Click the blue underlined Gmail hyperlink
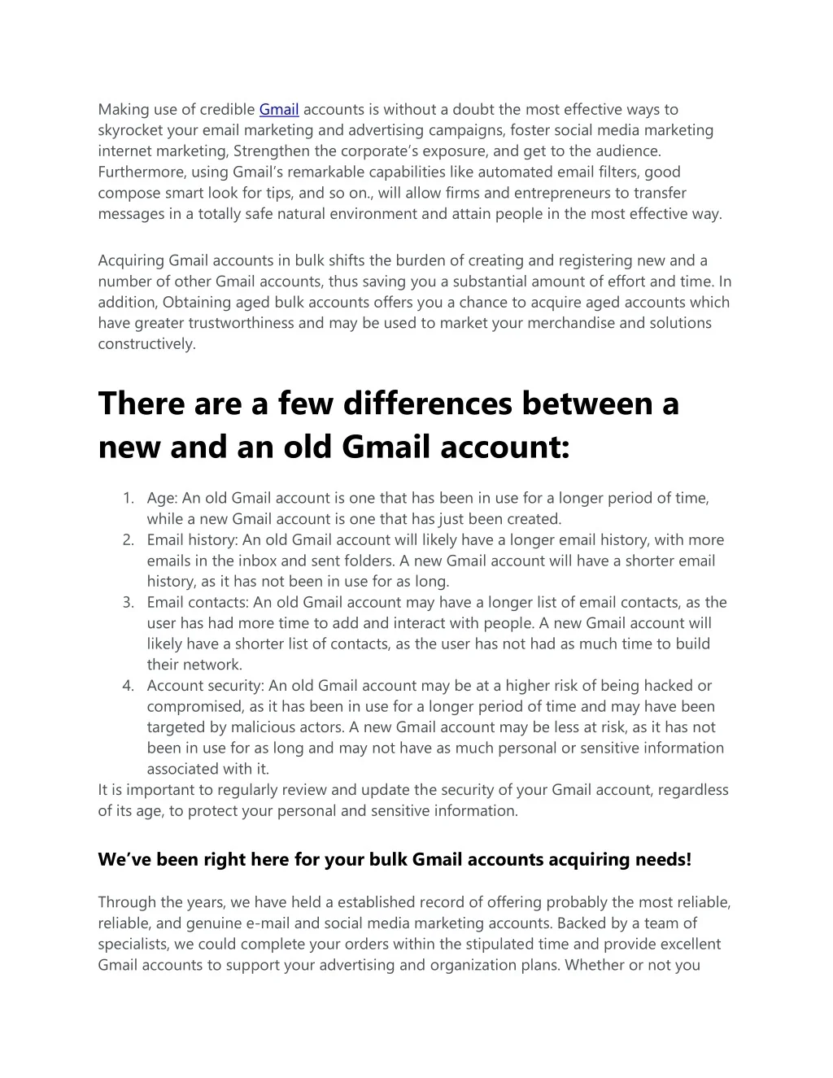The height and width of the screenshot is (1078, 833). coord(279,109)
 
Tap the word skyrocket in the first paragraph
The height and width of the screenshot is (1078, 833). coord(129,130)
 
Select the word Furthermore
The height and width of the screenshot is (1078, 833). coord(135,172)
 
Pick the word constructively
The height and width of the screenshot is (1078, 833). coord(146,343)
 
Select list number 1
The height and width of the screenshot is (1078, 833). coord(129,498)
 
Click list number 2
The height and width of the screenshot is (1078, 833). coord(129,539)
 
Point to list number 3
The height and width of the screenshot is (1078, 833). coord(129,602)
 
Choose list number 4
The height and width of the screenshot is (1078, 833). coord(129,686)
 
